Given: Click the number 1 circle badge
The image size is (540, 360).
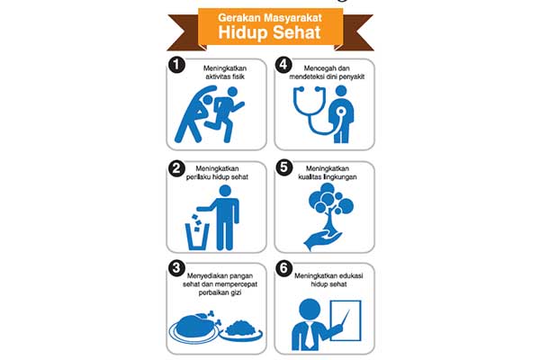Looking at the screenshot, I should tap(177, 66).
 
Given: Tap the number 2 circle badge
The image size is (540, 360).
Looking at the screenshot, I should tap(177, 167).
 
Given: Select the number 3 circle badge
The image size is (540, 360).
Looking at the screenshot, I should tap(177, 268).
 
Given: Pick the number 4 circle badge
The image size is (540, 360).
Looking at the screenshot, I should tap(283, 66).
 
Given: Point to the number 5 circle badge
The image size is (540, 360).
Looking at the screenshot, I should tap(283, 167).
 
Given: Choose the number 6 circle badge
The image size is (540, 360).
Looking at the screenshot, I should tap(283, 268).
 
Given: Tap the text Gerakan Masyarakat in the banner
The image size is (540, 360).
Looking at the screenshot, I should tap(270, 15).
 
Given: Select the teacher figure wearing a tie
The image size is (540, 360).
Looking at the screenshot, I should tap(305, 324).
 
